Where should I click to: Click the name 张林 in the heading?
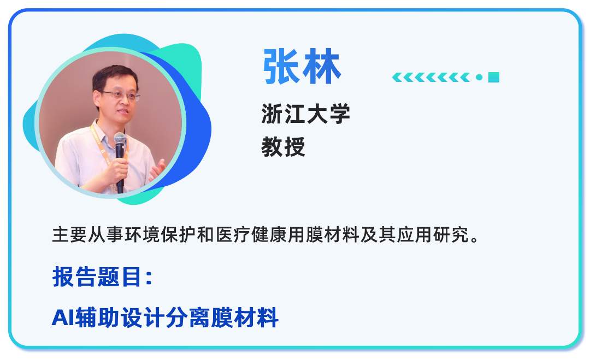tap(302, 67)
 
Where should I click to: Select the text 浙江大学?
tap(305, 114)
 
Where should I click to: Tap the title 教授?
tap(283, 147)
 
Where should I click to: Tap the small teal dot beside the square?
tap(479, 78)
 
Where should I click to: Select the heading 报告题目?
tap(102, 277)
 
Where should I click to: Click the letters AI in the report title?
tap(62, 317)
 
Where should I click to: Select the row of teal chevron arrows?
tap(431, 78)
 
